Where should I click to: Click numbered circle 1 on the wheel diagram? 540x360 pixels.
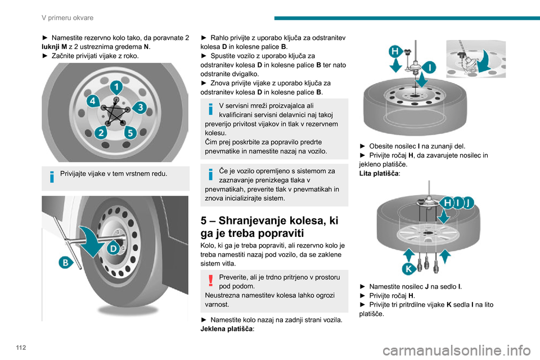[116, 87]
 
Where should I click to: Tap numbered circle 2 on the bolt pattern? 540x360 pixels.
[101, 133]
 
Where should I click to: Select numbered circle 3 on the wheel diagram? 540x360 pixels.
[140, 106]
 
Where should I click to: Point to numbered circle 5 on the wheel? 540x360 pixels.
[130, 133]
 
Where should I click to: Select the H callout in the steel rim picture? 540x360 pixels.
[395, 52]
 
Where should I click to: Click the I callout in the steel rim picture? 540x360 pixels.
[431, 68]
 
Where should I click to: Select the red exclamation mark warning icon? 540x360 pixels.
[208, 280]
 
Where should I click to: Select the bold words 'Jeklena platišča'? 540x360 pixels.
[226, 330]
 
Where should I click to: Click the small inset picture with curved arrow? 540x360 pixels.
[475, 59]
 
